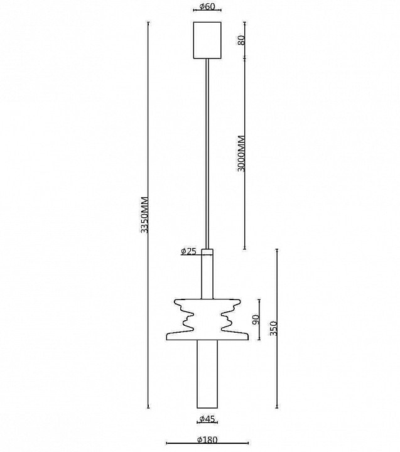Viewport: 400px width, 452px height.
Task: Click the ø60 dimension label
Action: click(x=207, y=6)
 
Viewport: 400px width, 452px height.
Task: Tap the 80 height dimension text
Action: click(x=241, y=40)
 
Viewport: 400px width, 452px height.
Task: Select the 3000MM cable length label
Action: click(x=241, y=154)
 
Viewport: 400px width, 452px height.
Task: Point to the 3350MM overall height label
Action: click(x=144, y=215)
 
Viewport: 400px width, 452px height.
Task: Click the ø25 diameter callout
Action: click(x=188, y=252)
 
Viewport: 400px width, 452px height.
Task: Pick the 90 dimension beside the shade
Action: click(x=256, y=320)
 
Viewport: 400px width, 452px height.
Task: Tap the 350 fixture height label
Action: click(x=273, y=328)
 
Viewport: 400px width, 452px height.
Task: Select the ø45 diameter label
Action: click(x=207, y=419)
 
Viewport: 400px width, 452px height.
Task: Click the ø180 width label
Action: click(x=207, y=439)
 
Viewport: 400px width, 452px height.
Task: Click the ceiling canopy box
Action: click(x=207, y=40)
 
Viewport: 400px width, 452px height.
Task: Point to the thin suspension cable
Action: click(x=207, y=154)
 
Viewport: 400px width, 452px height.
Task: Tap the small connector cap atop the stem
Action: click(x=207, y=252)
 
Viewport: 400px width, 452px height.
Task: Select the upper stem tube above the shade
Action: click(x=207, y=277)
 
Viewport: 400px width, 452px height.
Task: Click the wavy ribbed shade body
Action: click(x=207, y=320)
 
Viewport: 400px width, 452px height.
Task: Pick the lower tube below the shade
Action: click(x=207, y=374)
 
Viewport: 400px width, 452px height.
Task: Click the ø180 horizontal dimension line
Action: click(x=207, y=443)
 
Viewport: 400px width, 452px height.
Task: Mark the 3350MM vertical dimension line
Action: click(x=149, y=215)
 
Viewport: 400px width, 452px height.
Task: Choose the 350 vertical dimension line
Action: click(x=277, y=328)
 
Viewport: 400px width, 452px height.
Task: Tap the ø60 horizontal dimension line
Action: click(x=207, y=10)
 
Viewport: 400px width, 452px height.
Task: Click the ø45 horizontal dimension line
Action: click(x=207, y=422)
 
